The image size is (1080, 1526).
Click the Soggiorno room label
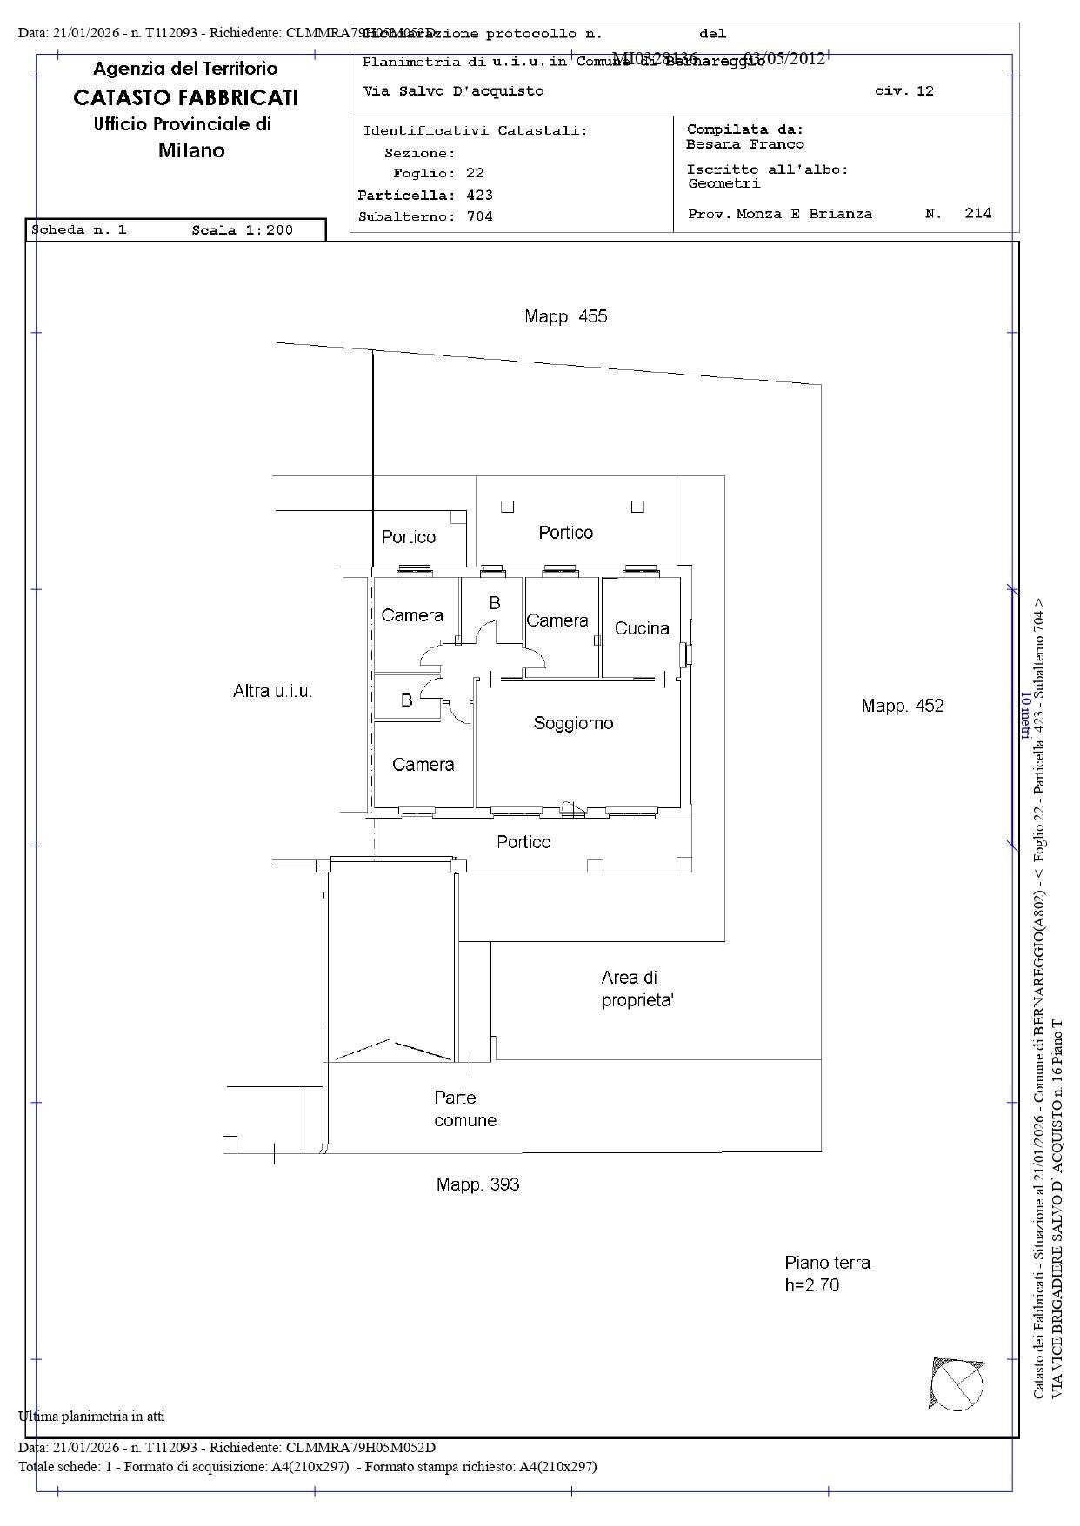pos(573,723)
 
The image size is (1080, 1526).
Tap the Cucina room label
pos(642,628)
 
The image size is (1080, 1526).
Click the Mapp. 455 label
pos(565,316)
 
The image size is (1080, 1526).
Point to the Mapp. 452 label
pos(902,706)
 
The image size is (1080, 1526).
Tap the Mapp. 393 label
pos(477,1184)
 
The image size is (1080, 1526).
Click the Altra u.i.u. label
pos(272,692)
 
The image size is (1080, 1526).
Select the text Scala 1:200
pos(242,230)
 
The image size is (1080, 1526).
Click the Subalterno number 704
pos(480,216)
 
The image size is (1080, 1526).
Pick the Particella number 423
pos(480,196)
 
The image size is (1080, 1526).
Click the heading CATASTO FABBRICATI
pos(185,97)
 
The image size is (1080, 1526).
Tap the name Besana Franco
pos(744,144)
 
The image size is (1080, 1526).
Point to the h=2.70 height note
pos(811,1285)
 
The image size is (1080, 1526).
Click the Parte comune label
pos(465,1109)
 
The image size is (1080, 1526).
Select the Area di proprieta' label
pos(637,989)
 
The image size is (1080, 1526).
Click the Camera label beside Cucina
pos(557,620)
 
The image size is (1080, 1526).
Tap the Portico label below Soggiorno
pos(523,842)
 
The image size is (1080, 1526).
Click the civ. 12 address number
pos(903,91)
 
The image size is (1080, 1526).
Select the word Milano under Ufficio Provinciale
pos(191,150)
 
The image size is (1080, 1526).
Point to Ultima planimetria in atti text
pos(91,1417)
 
